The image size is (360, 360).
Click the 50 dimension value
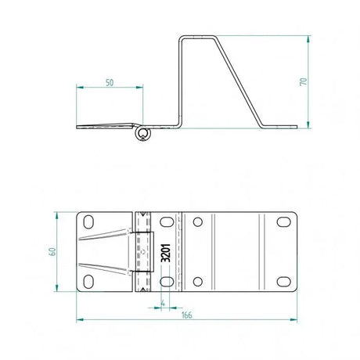point(109,81)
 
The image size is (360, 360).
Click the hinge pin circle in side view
point(143,135)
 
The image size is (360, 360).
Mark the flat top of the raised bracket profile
point(199,35)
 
